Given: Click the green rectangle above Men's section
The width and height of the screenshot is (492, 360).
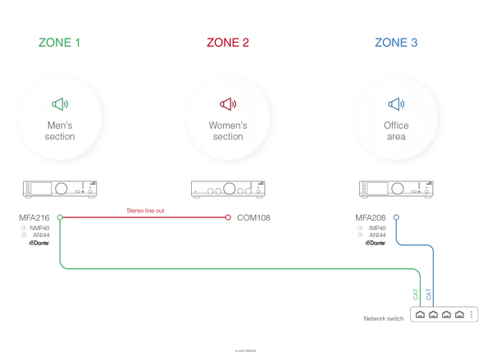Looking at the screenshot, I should [x=59, y=43].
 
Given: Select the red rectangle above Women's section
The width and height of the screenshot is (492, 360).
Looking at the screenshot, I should [x=228, y=43].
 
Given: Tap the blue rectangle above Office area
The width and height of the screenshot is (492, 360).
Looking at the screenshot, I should [x=396, y=43].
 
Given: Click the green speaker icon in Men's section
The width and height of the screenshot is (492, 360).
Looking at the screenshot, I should [x=60, y=104].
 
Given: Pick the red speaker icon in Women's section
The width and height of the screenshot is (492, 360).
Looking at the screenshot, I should [x=228, y=104].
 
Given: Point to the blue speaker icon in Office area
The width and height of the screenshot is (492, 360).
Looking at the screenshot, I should [x=396, y=104].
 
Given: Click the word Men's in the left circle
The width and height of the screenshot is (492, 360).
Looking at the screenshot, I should [x=60, y=126].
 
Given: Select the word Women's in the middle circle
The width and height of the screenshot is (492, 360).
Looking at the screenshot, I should [x=228, y=126].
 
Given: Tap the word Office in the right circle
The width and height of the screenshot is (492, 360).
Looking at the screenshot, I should [x=396, y=126].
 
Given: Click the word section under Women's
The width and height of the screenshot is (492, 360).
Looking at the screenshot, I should [x=228, y=137].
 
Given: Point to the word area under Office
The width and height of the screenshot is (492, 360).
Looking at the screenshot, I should [x=396, y=137].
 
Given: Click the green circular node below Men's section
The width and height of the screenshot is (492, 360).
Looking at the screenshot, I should [x=59, y=217].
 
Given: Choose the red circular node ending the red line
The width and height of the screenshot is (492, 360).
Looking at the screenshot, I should [x=228, y=217].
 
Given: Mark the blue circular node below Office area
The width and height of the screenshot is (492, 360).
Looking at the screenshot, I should [x=396, y=217].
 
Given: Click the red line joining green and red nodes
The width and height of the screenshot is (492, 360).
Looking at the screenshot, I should [x=143, y=217].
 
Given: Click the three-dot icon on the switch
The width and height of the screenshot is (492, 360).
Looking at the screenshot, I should [x=471, y=314].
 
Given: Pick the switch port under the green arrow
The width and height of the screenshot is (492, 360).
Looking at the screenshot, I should [x=420, y=314].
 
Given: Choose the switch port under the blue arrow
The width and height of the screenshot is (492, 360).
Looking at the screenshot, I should [x=433, y=314].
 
